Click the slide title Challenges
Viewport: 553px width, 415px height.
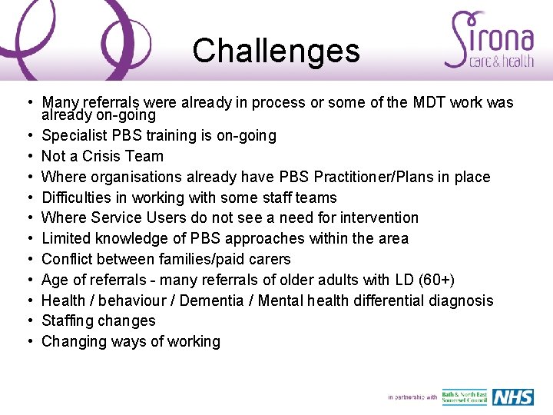pos(276,51)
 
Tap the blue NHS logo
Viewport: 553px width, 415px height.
pos(512,397)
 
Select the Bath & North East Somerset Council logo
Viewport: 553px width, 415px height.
pos(464,397)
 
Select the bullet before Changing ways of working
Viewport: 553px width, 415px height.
pos(27,342)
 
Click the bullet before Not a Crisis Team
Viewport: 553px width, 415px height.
pos(27,156)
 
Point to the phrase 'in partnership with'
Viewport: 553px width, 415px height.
pos(412,397)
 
